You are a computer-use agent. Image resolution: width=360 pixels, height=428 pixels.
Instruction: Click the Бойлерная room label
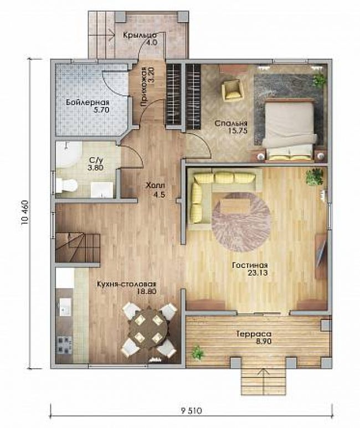88,103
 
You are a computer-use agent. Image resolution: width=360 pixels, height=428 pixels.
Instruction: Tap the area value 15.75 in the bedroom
238,131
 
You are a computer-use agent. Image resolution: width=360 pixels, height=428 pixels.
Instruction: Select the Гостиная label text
250,265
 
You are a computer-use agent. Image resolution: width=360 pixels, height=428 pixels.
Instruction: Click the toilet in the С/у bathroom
66,185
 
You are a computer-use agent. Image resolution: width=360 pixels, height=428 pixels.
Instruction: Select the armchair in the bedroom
232,90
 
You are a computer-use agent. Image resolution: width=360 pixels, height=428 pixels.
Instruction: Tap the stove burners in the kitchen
64,344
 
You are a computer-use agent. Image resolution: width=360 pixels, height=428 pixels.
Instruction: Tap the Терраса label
254,334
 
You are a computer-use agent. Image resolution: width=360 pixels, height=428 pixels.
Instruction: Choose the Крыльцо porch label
140,35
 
